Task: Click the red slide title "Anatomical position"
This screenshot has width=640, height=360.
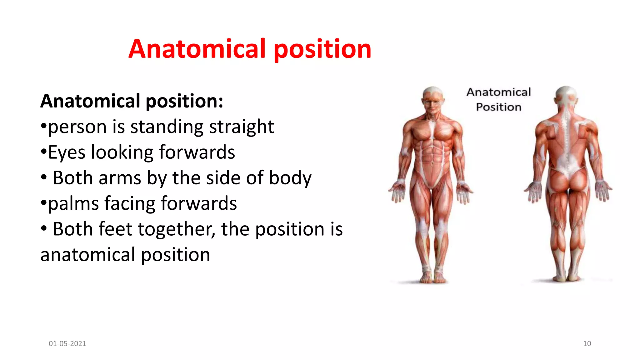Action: point(250,49)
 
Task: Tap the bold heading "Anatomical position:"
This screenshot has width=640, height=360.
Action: point(132,101)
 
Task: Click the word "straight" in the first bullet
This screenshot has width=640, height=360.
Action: point(241,127)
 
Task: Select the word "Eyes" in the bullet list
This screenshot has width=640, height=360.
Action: point(67,152)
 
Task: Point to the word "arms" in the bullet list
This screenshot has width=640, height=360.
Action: point(120,178)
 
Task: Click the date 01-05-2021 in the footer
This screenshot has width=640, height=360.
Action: point(67,343)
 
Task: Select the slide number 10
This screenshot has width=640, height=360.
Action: point(587,343)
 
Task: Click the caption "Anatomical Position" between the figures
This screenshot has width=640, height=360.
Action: point(498,99)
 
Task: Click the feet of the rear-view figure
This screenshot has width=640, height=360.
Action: point(566,277)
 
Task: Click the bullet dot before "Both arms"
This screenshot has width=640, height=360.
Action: point(44,177)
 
